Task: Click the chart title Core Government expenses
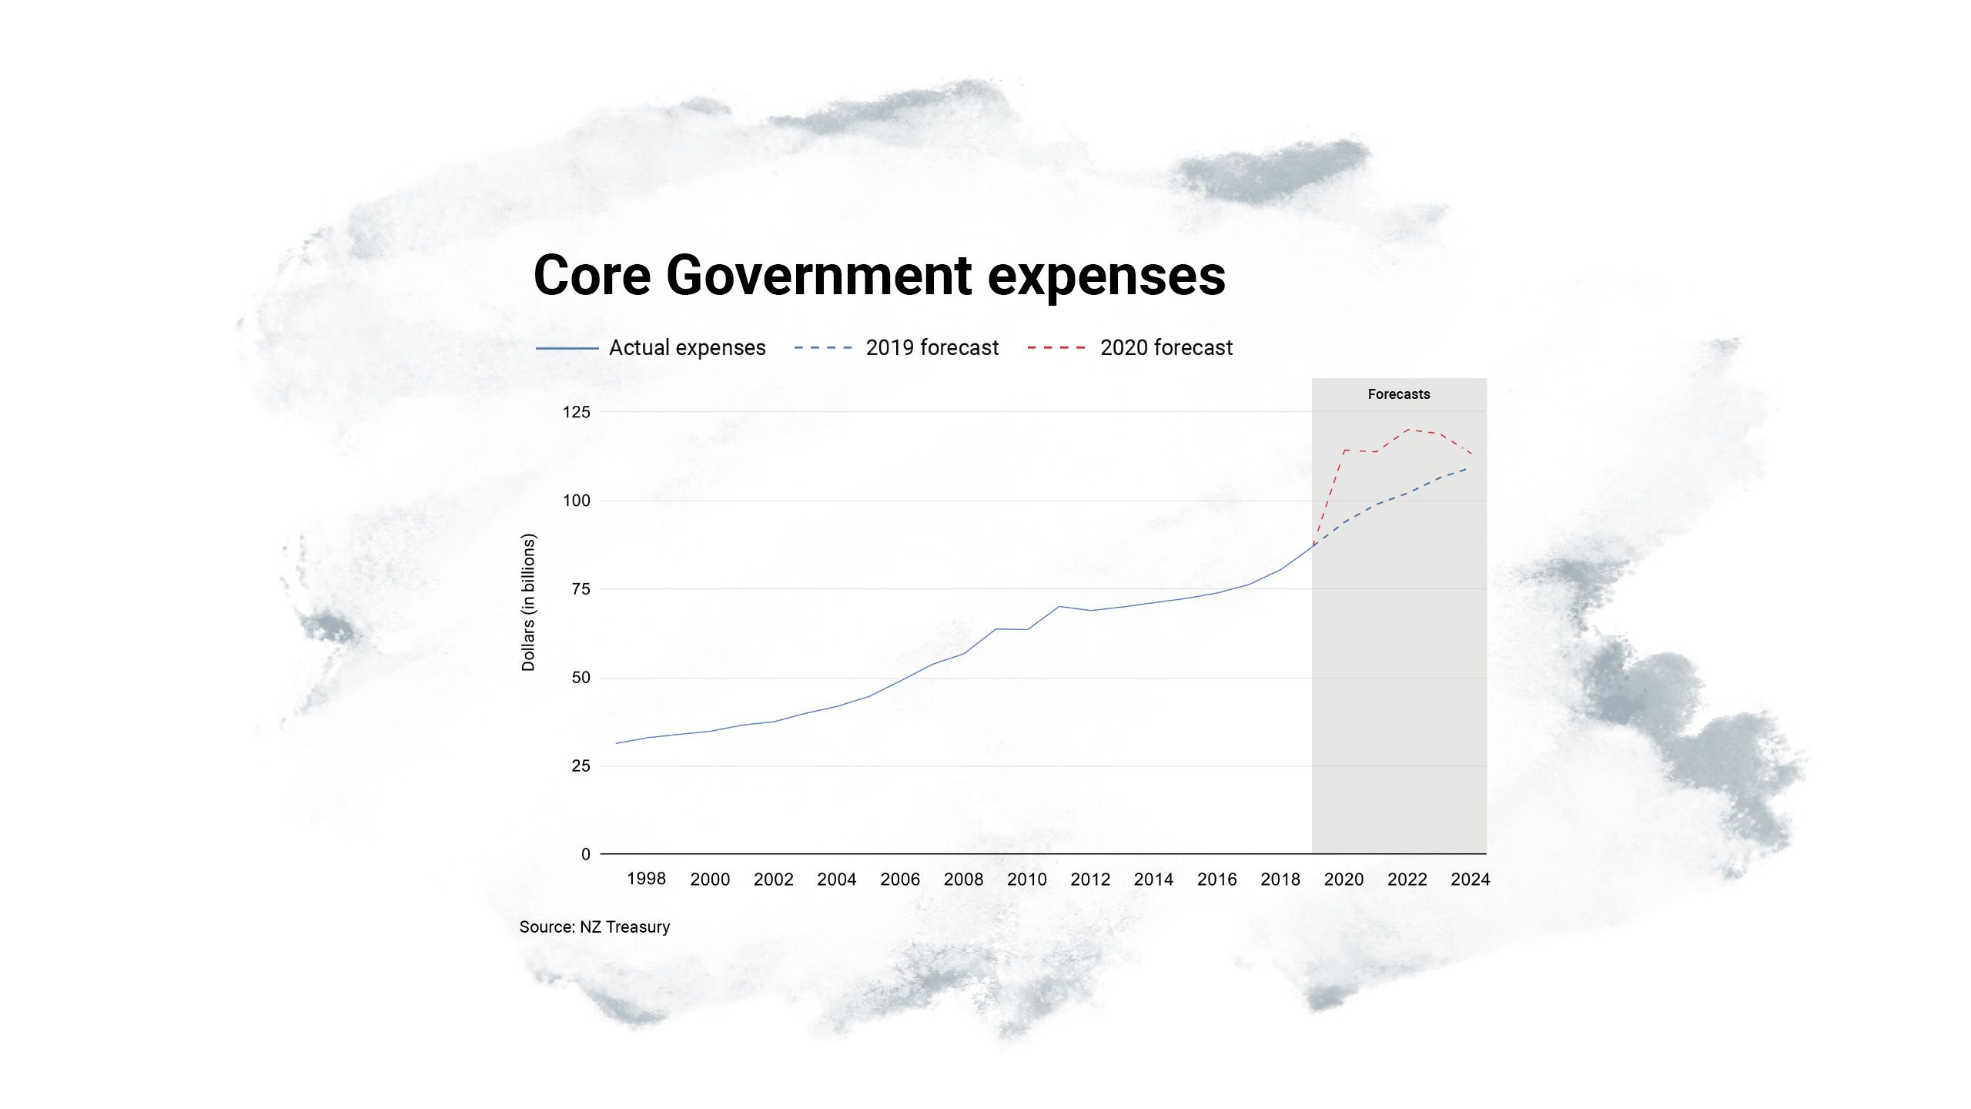click(x=879, y=276)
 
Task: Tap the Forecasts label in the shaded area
click(x=1398, y=394)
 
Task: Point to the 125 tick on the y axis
click(x=576, y=412)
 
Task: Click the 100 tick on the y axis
click(x=576, y=501)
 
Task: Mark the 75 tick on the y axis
click(x=581, y=589)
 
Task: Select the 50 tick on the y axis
click(x=581, y=678)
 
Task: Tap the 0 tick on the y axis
click(x=586, y=854)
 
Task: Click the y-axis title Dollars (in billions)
click(x=528, y=602)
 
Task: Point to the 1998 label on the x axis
click(x=646, y=879)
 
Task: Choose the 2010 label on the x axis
click(x=1026, y=879)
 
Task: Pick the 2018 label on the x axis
click(x=1280, y=879)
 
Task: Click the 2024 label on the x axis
click(x=1470, y=879)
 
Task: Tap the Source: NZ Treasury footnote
click(x=594, y=927)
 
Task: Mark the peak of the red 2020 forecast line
click(x=1408, y=430)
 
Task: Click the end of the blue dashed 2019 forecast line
click(x=1466, y=468)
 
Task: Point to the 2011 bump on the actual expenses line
click(x=1059, y=607)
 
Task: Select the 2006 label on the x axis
click(x=899, y=879)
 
